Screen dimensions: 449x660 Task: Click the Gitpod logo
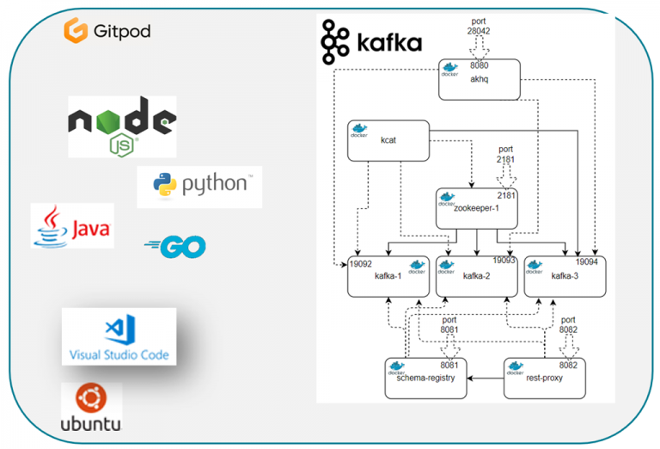point(107,32)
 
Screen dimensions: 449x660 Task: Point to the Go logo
point(175,248)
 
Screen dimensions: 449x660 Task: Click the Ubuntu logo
point(91,408)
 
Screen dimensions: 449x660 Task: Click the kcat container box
point(388,139)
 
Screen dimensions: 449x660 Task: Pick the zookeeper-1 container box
point(478,208)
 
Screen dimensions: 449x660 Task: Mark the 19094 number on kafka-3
point(586,261)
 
